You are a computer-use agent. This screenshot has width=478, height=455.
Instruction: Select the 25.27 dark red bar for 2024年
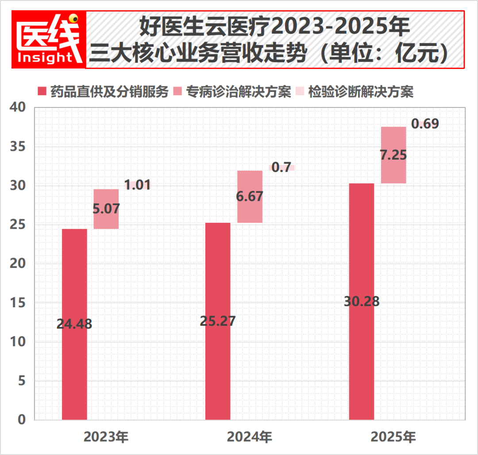click(x=218, y=321)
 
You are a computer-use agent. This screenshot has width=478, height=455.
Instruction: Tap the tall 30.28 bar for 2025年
click(x=362, y=301)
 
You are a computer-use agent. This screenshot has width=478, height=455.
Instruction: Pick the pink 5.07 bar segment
click(x=106, y=209)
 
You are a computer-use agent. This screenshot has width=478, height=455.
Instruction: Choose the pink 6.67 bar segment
click(x=250, y=197)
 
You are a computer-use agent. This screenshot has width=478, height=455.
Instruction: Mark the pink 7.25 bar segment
click(x=393, y=155)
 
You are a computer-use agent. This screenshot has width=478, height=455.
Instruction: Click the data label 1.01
click(x=137, y=185)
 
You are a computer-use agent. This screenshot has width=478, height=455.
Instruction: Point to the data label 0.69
click(x=425, y=124)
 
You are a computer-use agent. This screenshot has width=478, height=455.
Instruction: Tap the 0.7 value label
click(x=281, y=168)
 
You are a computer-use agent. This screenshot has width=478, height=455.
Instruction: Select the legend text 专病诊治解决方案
click(x=238, y=92)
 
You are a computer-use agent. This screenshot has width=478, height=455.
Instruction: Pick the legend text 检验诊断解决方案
click(x=360, y=92)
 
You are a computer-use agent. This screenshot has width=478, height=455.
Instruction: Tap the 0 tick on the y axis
click(x=22, y=419)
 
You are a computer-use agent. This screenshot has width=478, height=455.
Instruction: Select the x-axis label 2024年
click(x=250, y=437)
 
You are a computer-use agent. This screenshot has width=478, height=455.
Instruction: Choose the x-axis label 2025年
click(x=393, y=437)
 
